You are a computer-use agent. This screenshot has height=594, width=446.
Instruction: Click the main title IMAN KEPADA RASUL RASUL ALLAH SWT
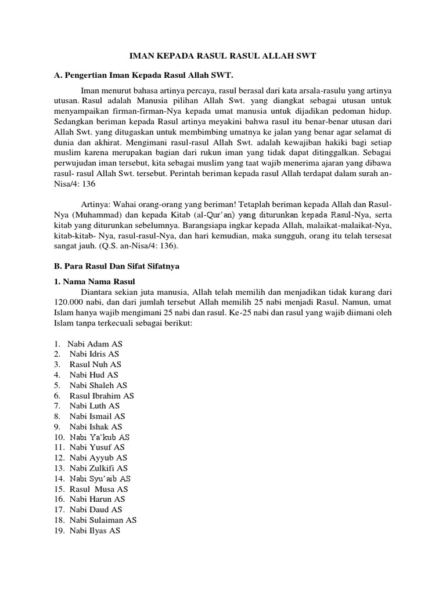[x=222, y=56]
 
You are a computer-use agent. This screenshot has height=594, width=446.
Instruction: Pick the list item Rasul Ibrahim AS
[x=102, y=396]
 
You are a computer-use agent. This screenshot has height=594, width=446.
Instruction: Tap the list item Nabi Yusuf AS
[x=97, y=447]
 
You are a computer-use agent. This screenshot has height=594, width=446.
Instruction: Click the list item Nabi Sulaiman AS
[x=103, y=520]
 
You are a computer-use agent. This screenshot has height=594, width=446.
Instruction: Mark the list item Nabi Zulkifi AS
[x=99, y=468]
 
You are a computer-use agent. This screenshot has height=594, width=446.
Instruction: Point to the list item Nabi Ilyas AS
[x=95, y=530]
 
